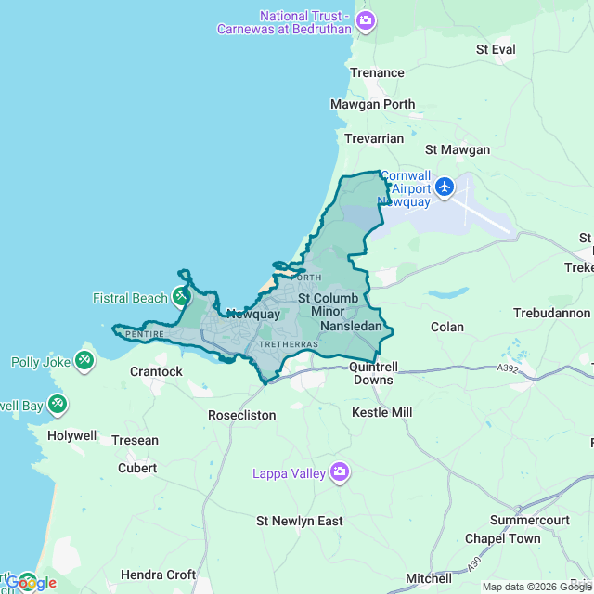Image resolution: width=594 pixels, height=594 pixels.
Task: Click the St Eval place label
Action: click(x=495, y=48)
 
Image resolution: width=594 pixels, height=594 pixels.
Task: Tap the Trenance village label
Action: click(x=377, y=72)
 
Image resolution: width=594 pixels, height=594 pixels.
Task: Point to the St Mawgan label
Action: click(x=457, y=149)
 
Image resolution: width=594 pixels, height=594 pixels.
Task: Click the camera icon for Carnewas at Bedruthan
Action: click(x=366, y=19)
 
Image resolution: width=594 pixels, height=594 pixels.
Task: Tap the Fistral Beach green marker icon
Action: click(x=181, y=297)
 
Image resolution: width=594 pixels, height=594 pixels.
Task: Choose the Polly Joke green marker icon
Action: click(x=84, y=359)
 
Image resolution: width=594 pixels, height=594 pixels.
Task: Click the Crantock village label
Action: click(x=156, y=371)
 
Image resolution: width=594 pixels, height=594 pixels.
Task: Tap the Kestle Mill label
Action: click(x=381, y=411)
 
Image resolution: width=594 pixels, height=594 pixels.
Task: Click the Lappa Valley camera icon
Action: click(x=340, y=473)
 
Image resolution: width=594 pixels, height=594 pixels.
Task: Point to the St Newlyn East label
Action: click(x=300, y=521)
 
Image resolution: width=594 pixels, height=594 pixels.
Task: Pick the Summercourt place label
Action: click(x=529, y=521)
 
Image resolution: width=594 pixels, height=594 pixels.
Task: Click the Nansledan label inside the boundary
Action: click(x=351, y=327)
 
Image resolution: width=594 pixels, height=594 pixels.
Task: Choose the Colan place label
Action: click(x=447, y=327)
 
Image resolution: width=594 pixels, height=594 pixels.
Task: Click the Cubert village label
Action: click(x=137, y=468)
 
